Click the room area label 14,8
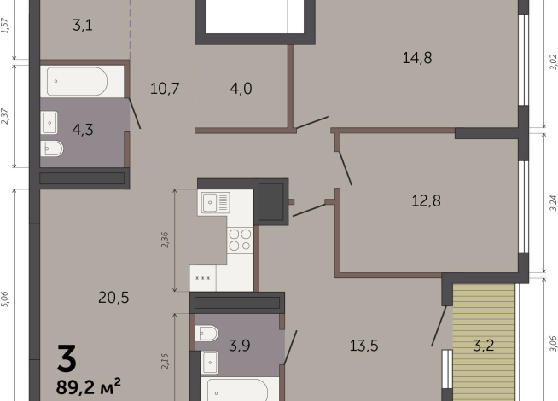point(417,58)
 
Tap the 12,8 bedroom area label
point(426,200)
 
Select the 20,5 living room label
point(113,298)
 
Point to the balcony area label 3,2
point(484,346)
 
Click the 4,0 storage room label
point(241,88)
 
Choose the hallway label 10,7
point(165,88)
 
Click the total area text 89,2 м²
point(88,386)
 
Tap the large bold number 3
point(67,358)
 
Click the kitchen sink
point(215,202)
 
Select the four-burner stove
point(241,240)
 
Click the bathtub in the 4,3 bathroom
point(77,82)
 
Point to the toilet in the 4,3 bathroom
point(52,148)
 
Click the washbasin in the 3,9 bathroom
point(210,363)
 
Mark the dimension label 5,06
point(4,299)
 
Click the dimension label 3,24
point(553,203)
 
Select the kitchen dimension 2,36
point(165,240)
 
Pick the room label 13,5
point(363,346)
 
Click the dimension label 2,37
point(4,116)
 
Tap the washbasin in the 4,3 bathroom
point(49,123)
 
